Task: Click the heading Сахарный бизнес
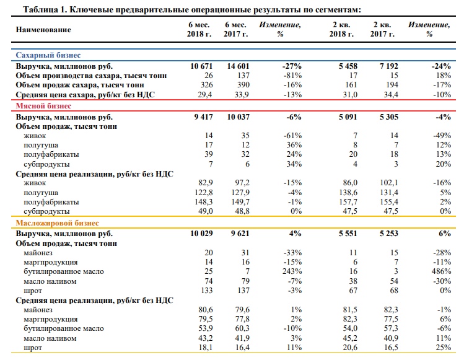coord(48,55)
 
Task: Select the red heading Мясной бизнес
coord(43,106)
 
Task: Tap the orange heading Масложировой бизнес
coord(57,222)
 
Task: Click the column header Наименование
coord(43,30)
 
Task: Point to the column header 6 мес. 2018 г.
coord(199,29)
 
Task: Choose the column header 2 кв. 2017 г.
coord(382,29)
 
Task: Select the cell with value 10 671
coord(201,66)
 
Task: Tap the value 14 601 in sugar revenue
coord(239,66)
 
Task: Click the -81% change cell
coord(292,76)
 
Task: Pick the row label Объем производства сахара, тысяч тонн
coord(91,76)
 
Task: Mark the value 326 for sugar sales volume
coord(206,85)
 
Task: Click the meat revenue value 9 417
coord(203,117)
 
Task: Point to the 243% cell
coord(292,271)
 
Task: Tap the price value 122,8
coord(204,193)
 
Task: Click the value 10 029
coord(201,234)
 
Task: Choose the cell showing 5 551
coord(348,234)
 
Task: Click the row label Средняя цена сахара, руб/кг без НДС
coord(85,95)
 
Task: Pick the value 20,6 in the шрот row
coord(350,347)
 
